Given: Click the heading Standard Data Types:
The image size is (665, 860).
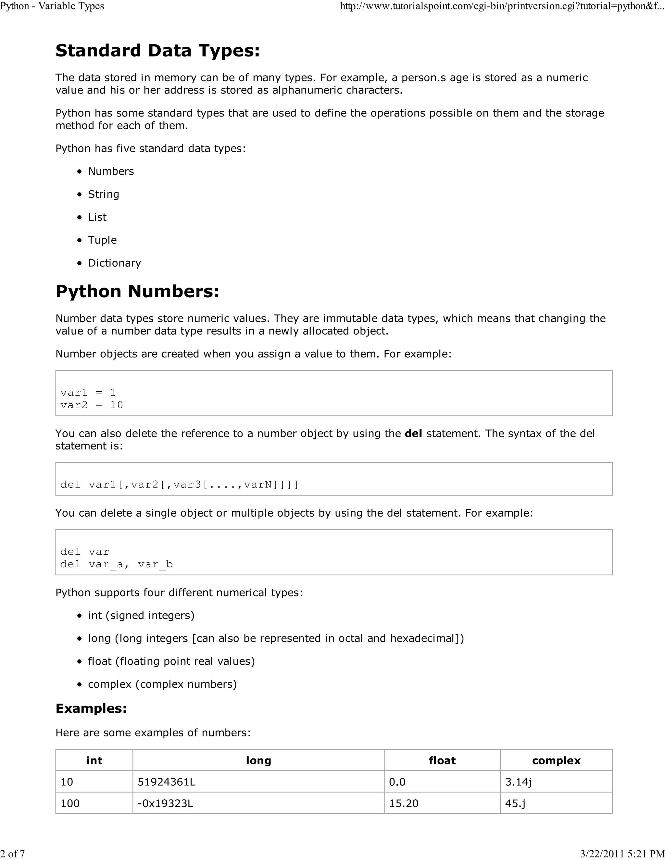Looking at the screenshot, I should pos(157,51).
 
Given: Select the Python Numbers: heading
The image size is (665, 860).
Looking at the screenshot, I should pos(137,292).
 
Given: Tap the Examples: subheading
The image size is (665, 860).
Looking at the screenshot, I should pos(91,708).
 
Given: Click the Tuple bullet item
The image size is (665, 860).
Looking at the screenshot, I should pos(102,240).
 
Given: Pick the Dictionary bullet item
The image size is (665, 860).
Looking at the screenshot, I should pos(114,263).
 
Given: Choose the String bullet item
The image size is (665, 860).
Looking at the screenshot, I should pos(103,194).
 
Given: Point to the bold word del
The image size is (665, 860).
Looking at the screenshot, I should pos(413,434).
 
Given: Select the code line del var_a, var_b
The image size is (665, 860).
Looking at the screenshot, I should pos(117,564).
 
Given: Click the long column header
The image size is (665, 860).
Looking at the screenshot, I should pos(258,760).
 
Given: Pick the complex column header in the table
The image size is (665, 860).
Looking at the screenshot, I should pos(556,760).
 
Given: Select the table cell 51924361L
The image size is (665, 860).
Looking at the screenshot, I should pos(167,782).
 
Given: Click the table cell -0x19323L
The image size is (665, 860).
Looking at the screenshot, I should pos(166,803).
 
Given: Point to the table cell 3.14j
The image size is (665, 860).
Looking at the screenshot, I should pos(519,782).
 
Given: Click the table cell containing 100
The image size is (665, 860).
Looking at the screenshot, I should pos(70,803).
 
